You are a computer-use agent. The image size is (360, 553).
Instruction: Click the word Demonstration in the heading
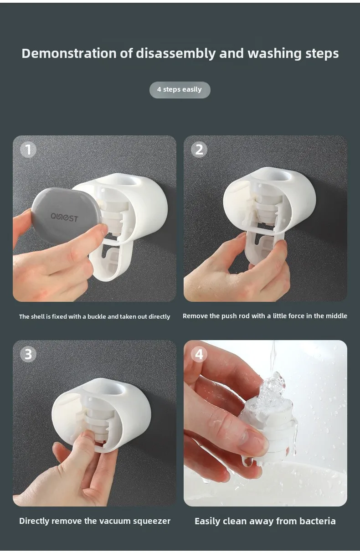pyautogui.click(x=69, y=53)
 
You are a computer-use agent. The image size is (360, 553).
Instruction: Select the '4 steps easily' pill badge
pyautogui.click(x=180, y=90)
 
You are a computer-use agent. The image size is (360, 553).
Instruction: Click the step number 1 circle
pyautogui.click(x=28, y=150)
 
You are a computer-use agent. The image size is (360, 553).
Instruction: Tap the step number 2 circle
pyautogui.click(x=199, y=150)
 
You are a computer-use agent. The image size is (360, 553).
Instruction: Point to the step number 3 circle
pyautogui.click(x=28, y=354)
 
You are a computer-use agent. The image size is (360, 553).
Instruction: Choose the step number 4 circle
pyautogui.click(x=199, y=354)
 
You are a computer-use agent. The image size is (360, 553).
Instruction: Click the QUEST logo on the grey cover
pyautogui.click(x=64, y=217)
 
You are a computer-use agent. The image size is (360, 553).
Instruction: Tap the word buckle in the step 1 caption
pyautogui.click(x=97, y=317)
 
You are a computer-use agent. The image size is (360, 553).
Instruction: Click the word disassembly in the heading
pyautogui.click(x=175, y=54)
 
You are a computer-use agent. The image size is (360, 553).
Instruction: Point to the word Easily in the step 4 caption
pyautogui.click(x=207, y=522)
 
